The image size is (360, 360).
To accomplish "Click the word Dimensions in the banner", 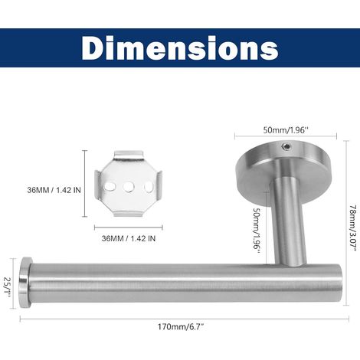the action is (x=180, y=48).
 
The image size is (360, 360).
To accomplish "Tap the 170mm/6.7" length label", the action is (x=181, y=326).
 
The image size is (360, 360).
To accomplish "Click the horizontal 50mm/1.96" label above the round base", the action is (x=286, y=130).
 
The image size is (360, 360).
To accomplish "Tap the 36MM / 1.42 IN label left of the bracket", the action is (x=54, y=190).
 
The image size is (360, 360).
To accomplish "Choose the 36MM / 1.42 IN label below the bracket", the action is (x=129, y=238).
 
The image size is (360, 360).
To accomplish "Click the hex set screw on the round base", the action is (x=286, y=146).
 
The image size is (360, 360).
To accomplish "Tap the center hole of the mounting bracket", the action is (x=129, y=187).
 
